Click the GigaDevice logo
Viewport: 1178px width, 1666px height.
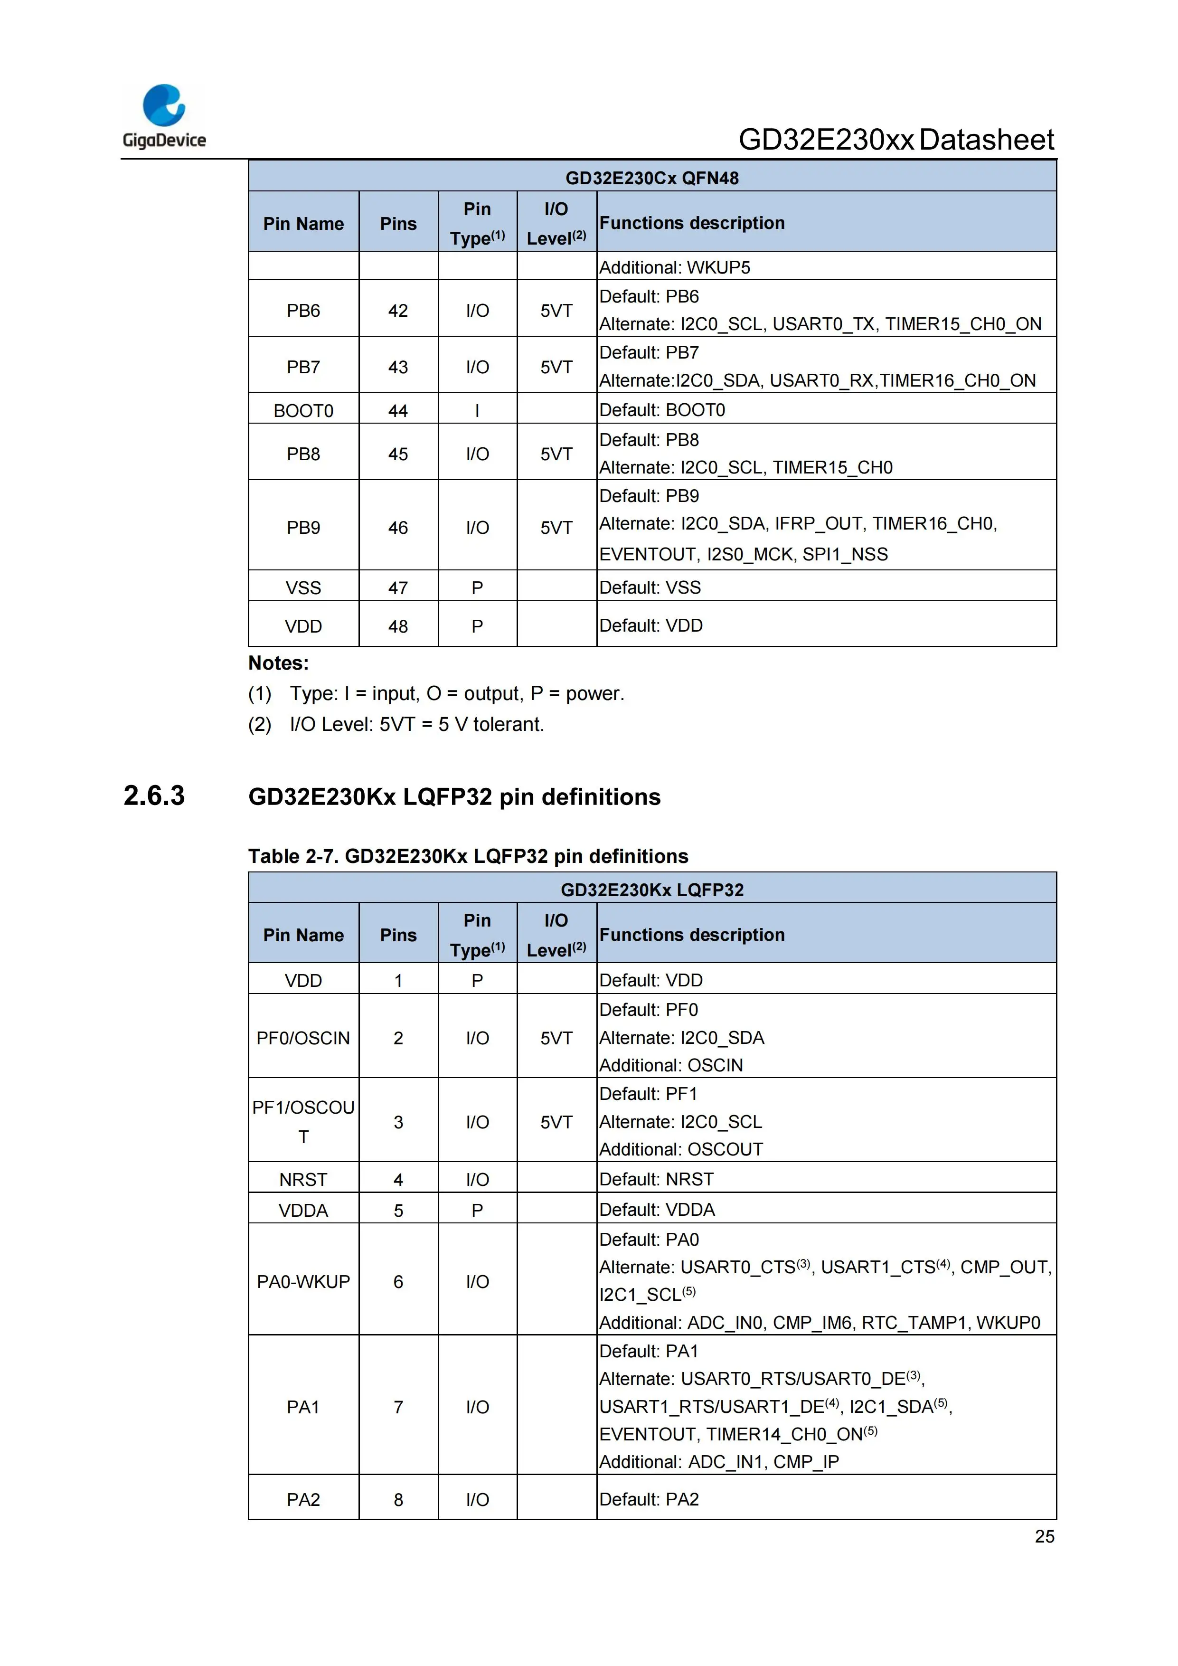click(x=164, y=116)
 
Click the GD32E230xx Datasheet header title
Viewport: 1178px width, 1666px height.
click(x=896, y=140)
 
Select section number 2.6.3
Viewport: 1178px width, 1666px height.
click(x=154, y=796)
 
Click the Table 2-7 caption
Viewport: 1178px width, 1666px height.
click(x=468, y=856)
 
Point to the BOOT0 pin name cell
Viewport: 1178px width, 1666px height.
click(x=303, y=411)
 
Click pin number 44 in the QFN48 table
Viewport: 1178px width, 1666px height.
click(x=398, y=411)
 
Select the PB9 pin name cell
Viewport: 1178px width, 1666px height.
click(x=303, y=528)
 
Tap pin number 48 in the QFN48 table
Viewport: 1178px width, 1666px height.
click(x=398, y=626)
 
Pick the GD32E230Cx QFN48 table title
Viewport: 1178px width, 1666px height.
click(x=651, y=178)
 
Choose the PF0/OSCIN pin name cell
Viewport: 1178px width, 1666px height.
click(x=303, y=1038)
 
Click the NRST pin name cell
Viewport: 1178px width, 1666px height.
click(x=303, y=1179)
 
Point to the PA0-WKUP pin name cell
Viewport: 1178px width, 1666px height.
click(x=303, y=1281)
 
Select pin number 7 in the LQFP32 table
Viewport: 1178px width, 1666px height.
click(x=398, y=1407)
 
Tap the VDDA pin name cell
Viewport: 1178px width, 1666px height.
click(x=303, y=1210)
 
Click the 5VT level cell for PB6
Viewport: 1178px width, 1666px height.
click(x=556, y=311)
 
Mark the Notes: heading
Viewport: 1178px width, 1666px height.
click(x=279, y=663)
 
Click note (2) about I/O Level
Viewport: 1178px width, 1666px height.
click(x=396, y=724)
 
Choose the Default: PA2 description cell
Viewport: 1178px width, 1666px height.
click(x=649, y=1499)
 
